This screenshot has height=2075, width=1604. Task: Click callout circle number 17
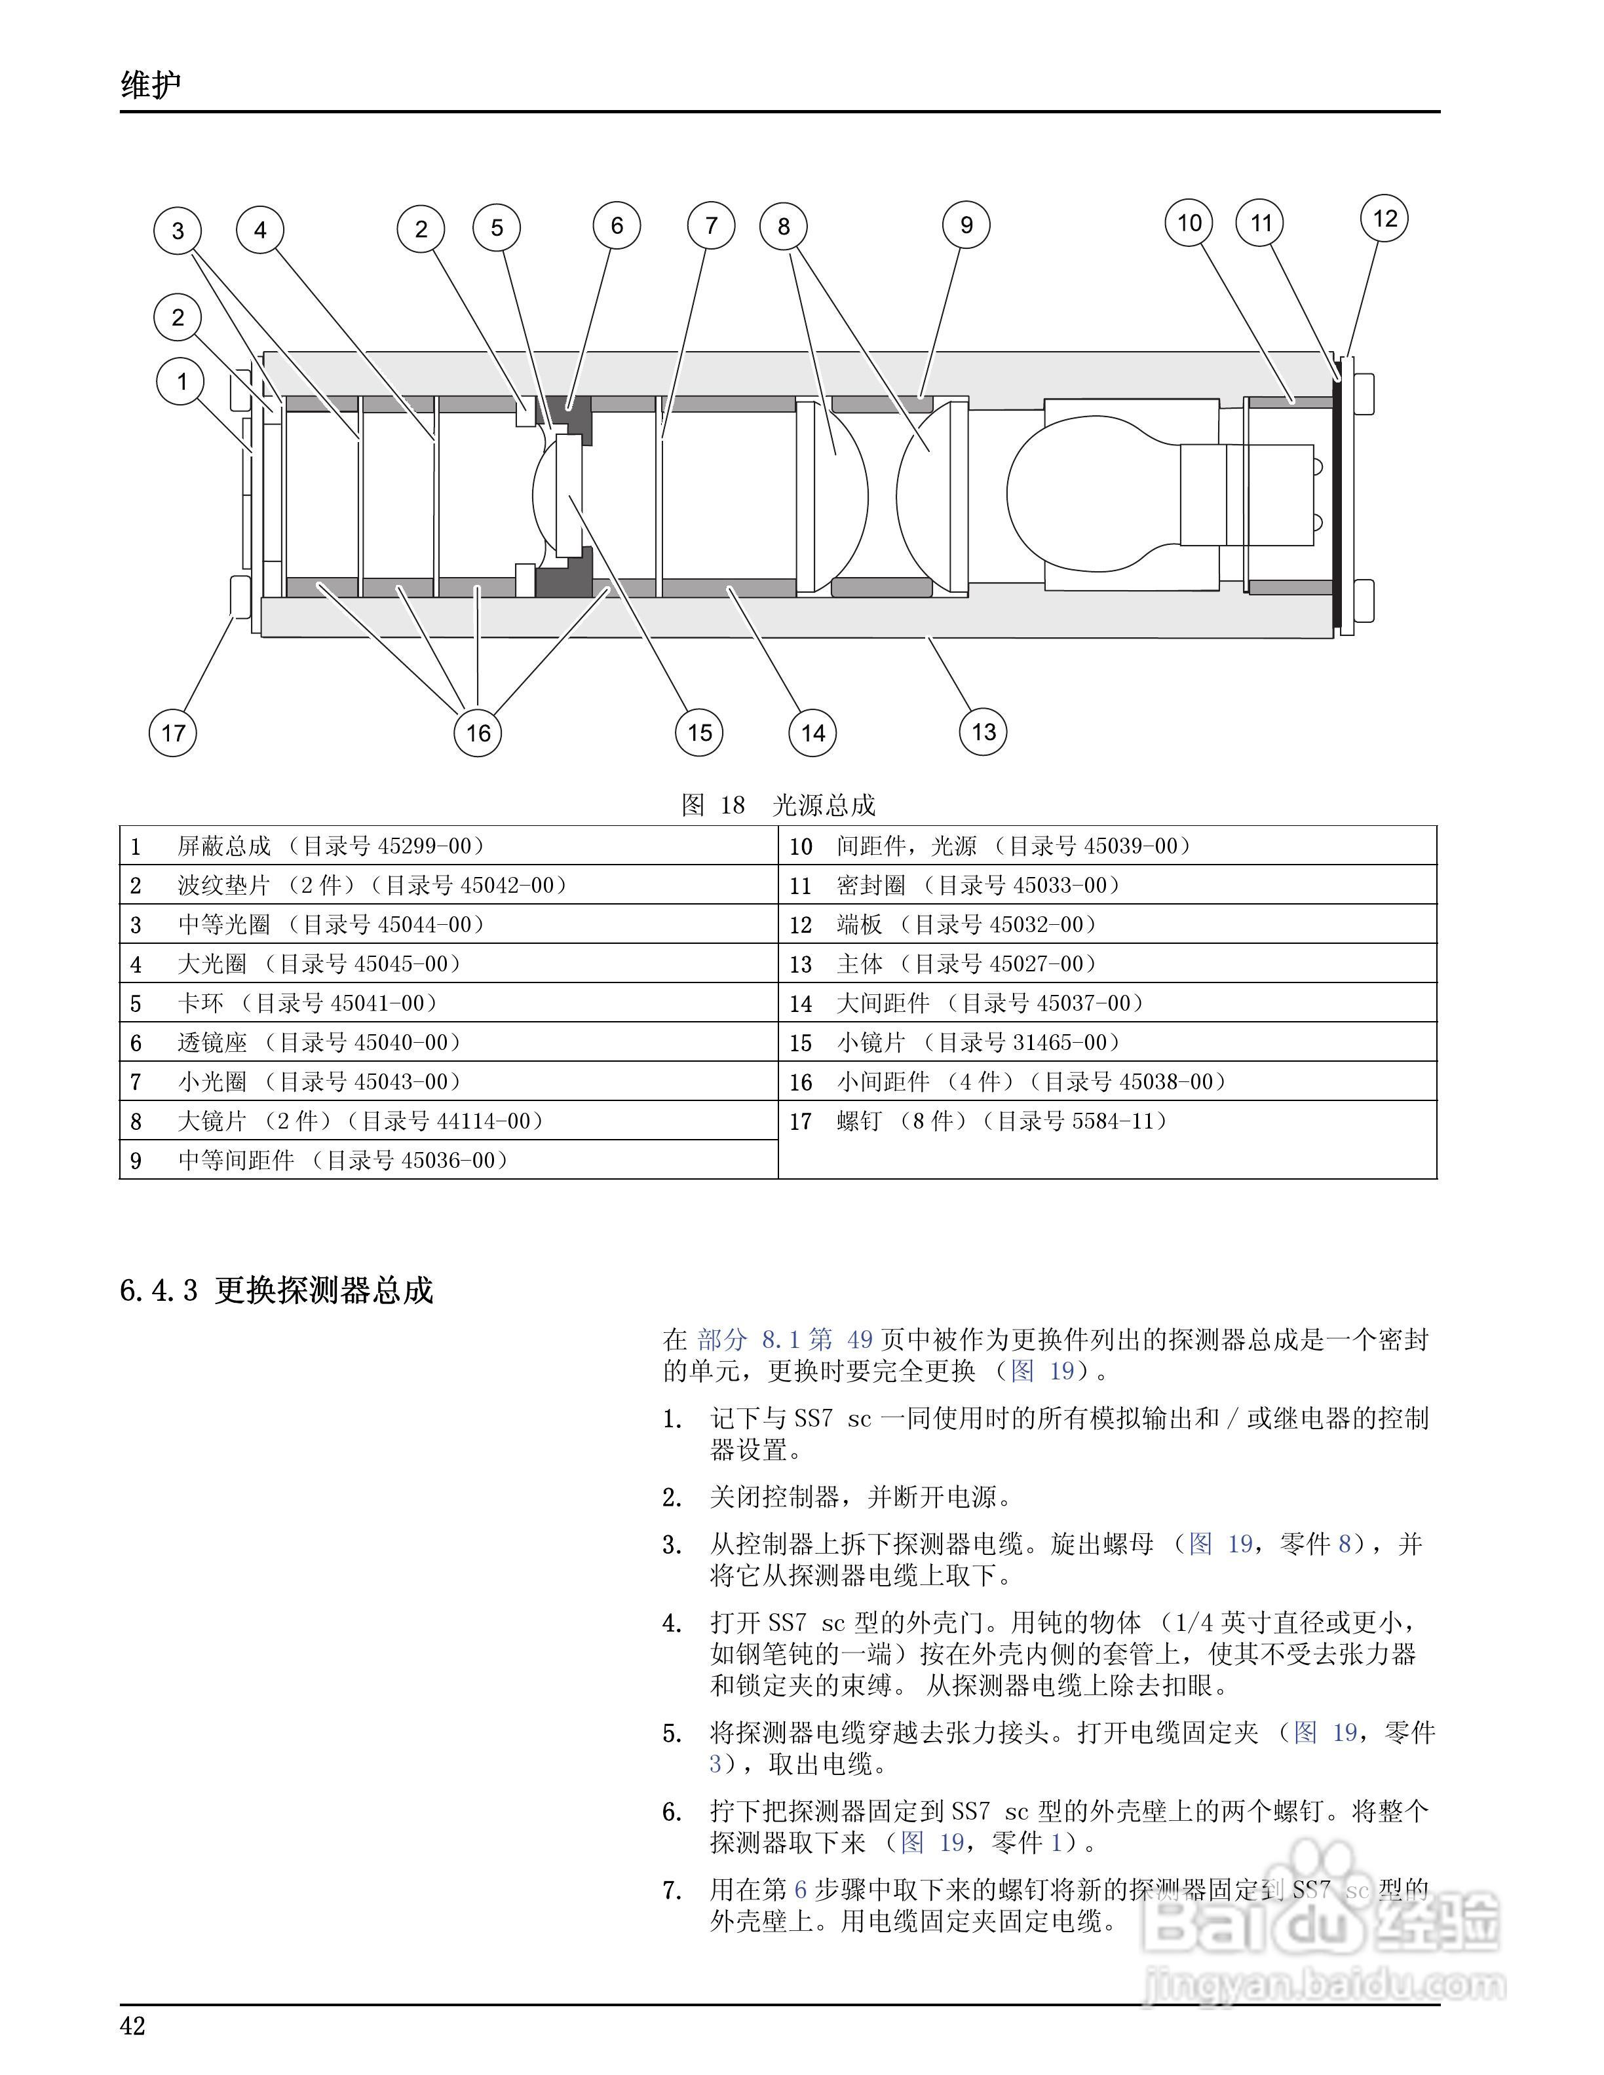tap(173, 732)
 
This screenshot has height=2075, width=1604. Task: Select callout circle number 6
tap(617, 225)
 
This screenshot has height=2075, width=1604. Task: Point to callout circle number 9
tap(966, 225)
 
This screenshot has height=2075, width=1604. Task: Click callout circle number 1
tap(181, 382)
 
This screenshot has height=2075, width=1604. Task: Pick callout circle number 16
tap(478, 732)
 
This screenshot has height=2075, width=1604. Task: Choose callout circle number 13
tap(983, 732)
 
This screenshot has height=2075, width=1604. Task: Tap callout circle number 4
tap(260, 229)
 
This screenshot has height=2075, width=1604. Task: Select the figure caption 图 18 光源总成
tap(778, 805)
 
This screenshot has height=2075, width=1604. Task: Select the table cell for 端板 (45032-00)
tap(1107, 924)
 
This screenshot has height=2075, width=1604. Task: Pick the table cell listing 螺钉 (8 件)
tap(1107, 1121)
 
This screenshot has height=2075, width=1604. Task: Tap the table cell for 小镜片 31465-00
tap(1107, 1042)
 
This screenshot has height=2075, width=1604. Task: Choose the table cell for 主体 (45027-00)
tap(1107, 963)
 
